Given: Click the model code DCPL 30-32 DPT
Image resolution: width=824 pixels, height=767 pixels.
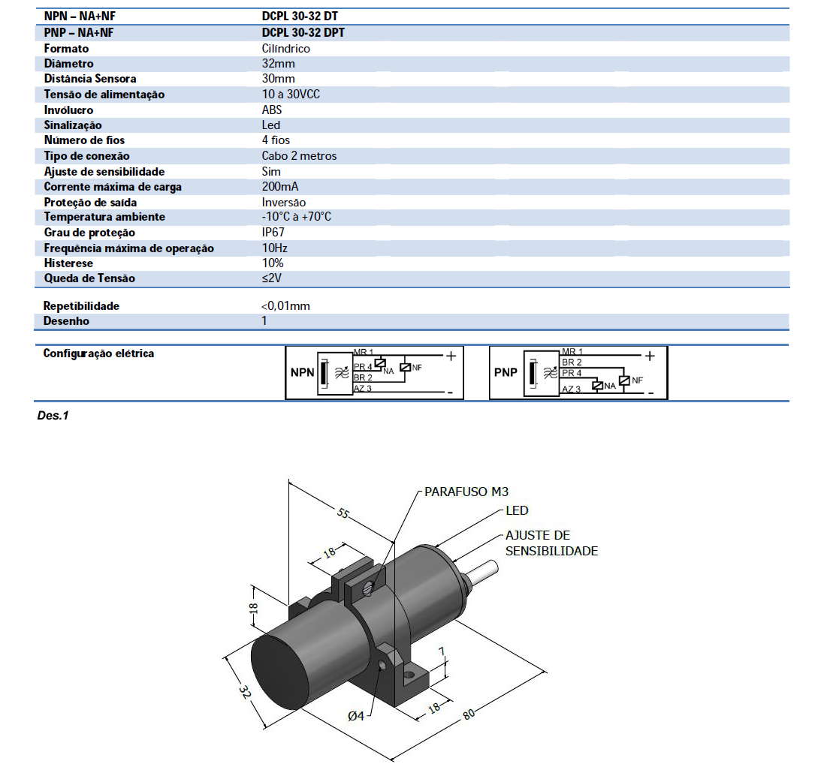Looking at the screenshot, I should tap(303, 32).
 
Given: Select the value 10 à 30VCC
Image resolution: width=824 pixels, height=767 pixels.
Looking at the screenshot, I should tap(291, 95).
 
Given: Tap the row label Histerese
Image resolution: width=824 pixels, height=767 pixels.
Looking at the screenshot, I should tap(68, 263).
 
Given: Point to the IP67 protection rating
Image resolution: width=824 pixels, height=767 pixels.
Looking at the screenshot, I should tap(273, 233).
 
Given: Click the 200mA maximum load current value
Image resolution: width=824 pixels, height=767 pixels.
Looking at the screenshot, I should tap(279, 187).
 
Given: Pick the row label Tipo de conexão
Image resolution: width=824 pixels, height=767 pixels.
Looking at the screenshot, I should tap(86, 156).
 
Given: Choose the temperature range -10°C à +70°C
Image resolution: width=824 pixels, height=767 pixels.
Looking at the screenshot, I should tap(297, 217).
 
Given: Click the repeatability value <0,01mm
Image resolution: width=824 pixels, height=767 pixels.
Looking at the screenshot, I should tap(285, 306).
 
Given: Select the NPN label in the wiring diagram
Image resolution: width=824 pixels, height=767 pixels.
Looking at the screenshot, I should tap(302, 372).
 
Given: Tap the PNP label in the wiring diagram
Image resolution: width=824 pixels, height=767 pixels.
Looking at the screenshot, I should tap(506, 372).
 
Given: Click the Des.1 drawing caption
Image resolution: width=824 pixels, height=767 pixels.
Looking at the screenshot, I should tap(53, 415).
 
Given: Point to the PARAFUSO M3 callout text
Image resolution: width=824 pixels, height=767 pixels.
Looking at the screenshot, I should tap(466, 492).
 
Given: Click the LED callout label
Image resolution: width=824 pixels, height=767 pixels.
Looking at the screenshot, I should tap(517, 511).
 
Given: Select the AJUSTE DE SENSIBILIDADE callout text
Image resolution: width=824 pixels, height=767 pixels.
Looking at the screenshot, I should tap(551, 543).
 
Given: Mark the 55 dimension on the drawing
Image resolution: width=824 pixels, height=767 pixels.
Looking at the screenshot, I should tap(343, 514).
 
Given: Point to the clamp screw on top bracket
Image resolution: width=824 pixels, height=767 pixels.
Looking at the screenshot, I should tap(368, 588).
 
